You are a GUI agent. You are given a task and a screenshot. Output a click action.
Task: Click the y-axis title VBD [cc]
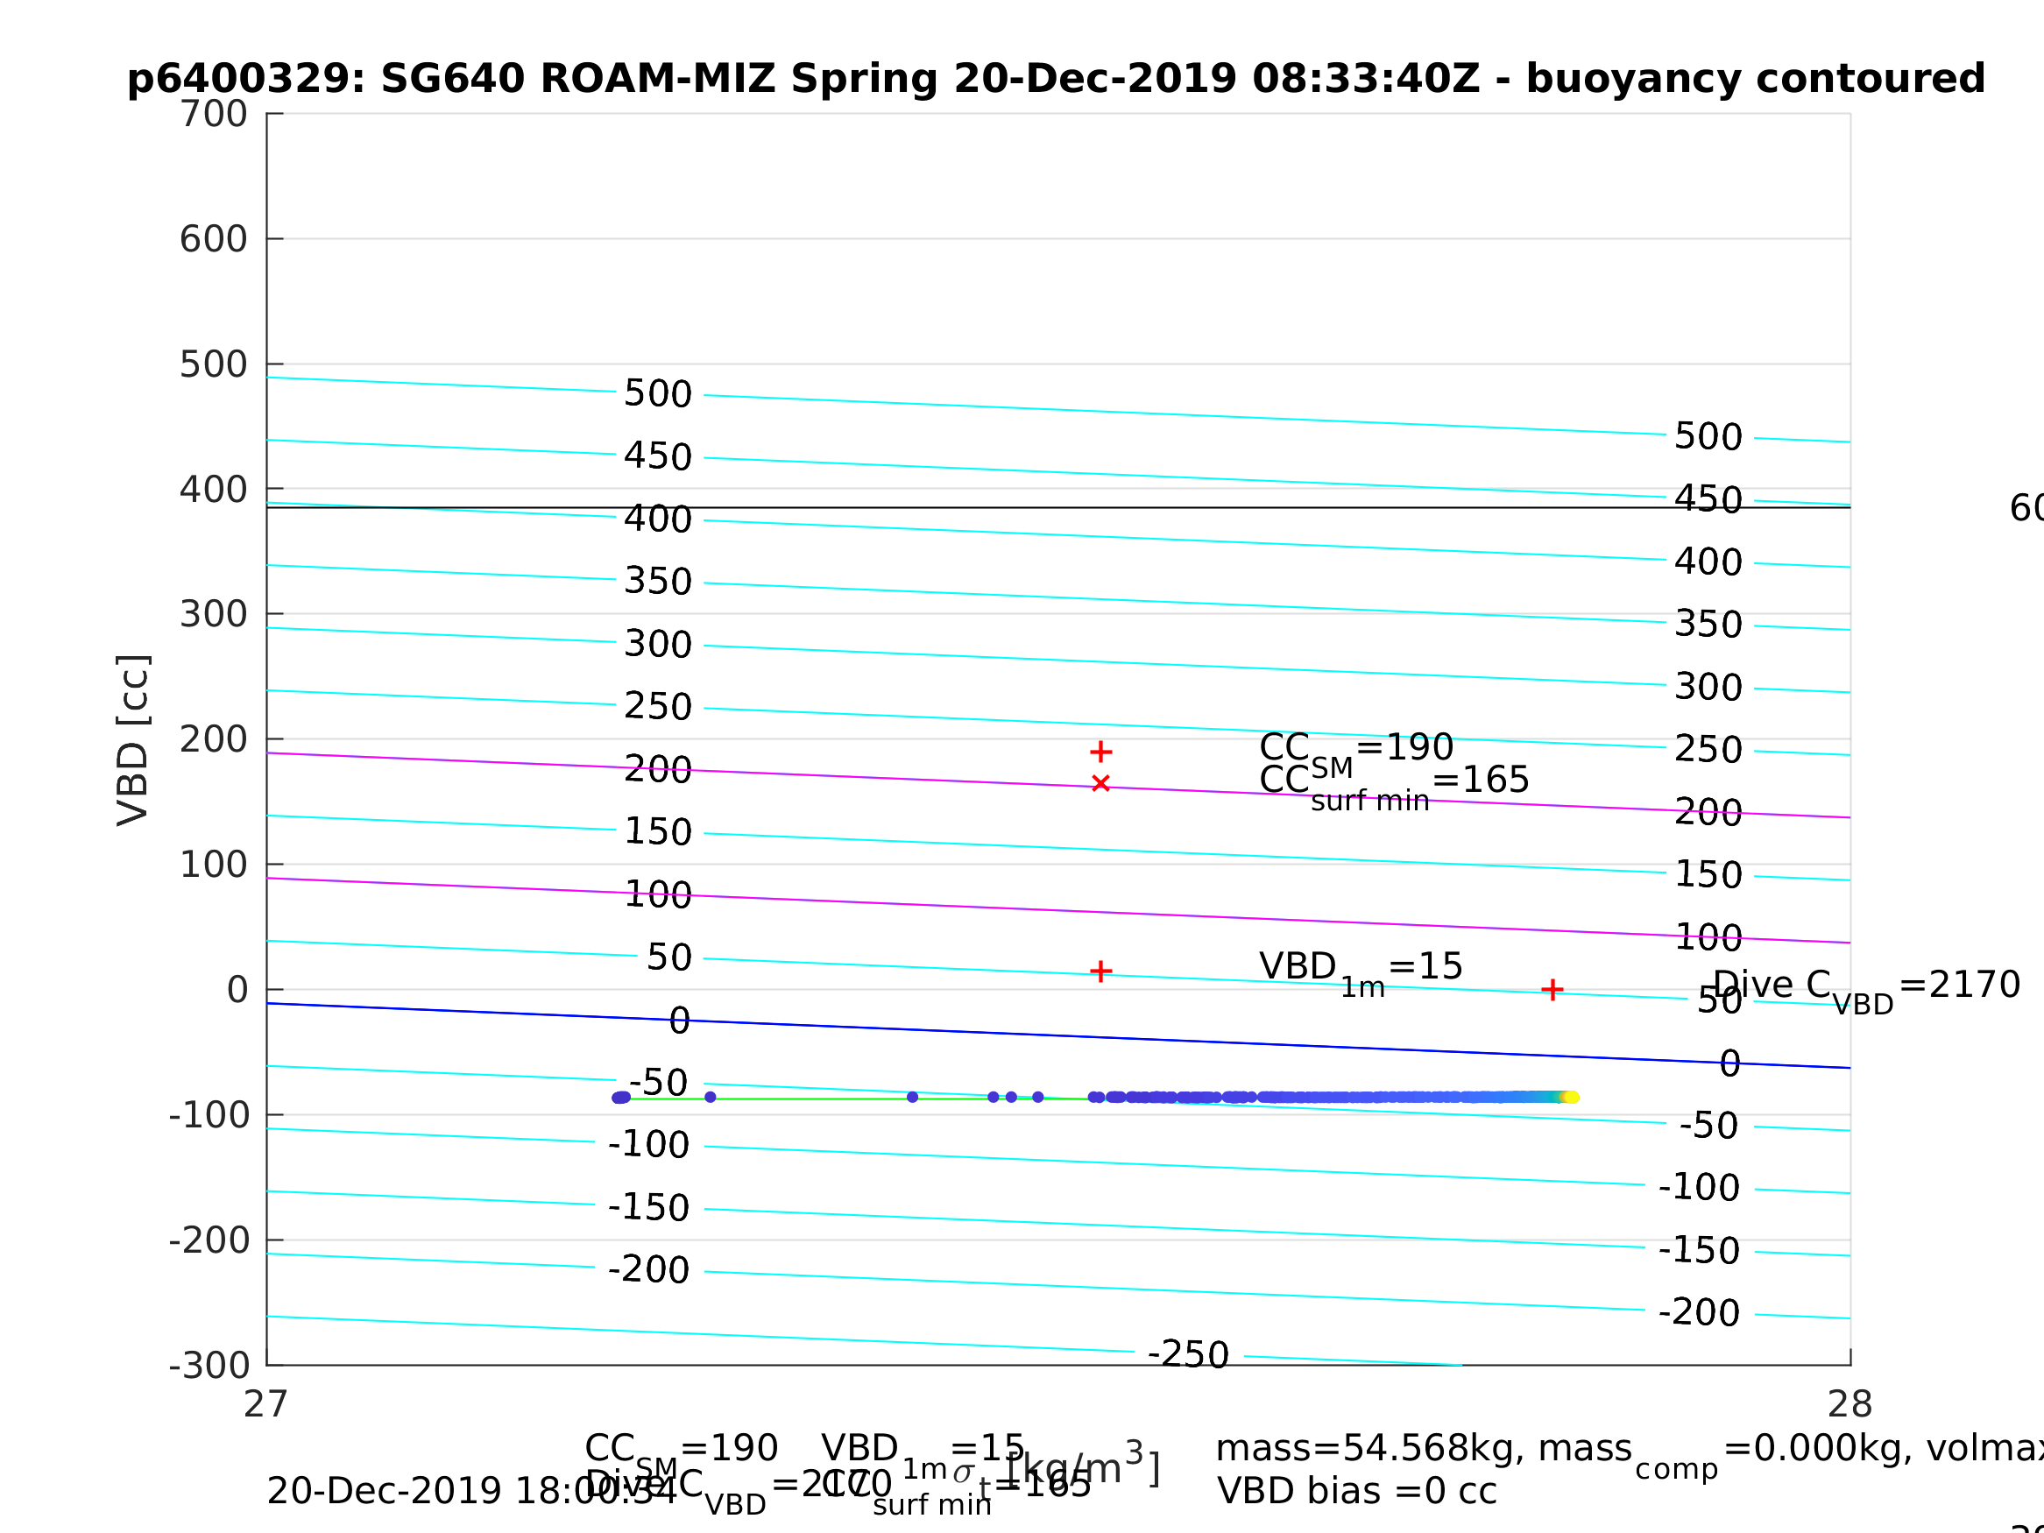click(134, 740)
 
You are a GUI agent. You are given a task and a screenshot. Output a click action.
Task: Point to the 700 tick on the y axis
click(214, 115)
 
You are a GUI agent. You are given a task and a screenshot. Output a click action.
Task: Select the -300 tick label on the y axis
click(209, 1366)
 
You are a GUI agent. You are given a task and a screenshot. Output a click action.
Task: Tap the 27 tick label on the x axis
click(266, 1404)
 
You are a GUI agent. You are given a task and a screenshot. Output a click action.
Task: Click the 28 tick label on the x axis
click(1850, 1404)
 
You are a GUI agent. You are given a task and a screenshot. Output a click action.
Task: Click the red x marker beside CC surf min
click(1100, 784)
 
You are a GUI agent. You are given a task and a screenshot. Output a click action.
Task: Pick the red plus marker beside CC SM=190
click(1100, 752)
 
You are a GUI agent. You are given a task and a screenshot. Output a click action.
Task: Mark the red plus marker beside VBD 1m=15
click(1100, 971)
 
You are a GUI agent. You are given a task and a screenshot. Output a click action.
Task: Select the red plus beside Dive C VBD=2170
click(1552, 991)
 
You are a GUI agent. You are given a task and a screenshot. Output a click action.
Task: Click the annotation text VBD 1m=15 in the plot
click(1361, 968)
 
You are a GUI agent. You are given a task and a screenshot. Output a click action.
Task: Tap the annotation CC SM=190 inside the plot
click(1356, 748)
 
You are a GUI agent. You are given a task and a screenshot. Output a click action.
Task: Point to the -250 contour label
click(1188, 1354)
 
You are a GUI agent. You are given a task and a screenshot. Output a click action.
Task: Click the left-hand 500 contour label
click(658, 393)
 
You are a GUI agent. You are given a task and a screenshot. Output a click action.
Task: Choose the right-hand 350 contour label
click(1708, 625)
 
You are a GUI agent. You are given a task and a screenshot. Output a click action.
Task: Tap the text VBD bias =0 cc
click(1356, 1492)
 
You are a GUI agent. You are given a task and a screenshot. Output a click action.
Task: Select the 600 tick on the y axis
click(214, 239)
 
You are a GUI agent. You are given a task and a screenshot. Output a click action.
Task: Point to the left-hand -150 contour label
click(648, 1208)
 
